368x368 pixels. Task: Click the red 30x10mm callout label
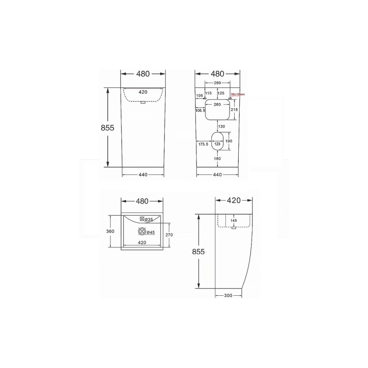238,94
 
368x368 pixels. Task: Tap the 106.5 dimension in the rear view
200,110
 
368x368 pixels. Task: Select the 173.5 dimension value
202,144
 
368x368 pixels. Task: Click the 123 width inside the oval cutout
218,144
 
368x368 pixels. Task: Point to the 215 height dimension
234,110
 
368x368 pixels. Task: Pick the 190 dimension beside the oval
230,141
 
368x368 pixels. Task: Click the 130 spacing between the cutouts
221,126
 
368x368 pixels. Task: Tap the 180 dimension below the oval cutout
218,159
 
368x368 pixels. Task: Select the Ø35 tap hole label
149,220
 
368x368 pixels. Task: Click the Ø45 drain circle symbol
143,232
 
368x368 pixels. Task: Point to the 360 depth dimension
110,231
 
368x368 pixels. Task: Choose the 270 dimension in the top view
169,235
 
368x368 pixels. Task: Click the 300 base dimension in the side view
228,295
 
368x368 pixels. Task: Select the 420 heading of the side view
234,201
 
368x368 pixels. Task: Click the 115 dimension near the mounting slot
208,93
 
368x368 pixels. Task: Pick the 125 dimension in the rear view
221,93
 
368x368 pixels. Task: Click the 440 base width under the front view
143,174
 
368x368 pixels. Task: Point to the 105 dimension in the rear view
199,96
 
